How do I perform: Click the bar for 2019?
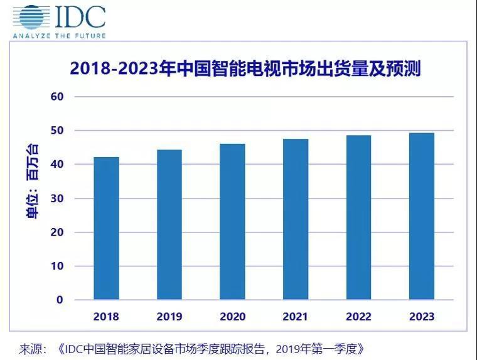click(x=169, y=224)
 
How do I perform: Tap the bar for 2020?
click(x=232, y=222)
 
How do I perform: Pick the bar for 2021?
click(x=296, y=219)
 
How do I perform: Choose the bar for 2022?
click(x=358, y=217)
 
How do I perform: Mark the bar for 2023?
click(x=421, y=216)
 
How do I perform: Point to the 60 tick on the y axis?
click(x=58, y=97)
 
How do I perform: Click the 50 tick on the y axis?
click(x=58, y=131)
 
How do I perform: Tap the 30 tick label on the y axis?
click(x=58, y=199)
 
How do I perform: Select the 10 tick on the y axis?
click(x=58, y=266)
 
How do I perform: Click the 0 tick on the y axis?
click(x=60, y=300)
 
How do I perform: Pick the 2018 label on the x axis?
click(x=106, y=317)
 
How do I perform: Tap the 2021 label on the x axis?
click(x=296, y=317)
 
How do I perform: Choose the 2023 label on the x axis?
click(x=421, y=317)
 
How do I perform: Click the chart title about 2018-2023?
click(x=245, y=68)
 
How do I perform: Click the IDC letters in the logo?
click(x=79, y=18)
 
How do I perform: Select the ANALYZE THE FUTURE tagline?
click(x=59, y=36)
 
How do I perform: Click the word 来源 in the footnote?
click(x=30, y=347)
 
